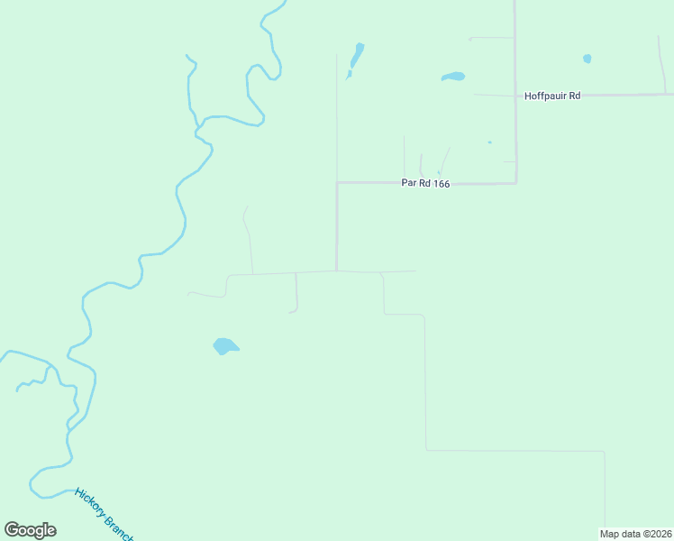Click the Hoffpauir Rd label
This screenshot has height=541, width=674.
[x=552, y=95]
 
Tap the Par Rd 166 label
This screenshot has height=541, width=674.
[x=425, y=183]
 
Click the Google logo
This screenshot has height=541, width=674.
[x=30, y=530]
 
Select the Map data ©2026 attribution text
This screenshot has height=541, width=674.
[x=636, y=534]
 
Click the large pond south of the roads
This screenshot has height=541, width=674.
[x=224, y=346]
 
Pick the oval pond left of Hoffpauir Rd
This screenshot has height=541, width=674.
[x=453, y=77]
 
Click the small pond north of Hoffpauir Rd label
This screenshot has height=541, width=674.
[x=587, y=59]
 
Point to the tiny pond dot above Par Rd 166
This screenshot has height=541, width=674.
[x=489, y=142]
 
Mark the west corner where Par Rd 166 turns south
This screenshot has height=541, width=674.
[x=337, y=183]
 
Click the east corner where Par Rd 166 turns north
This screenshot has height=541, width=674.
[x=515, y=183]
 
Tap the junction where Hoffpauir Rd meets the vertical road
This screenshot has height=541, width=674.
[x=515, y=94]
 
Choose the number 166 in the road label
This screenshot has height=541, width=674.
[x=439, y=183]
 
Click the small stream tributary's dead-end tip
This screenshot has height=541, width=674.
[x=17, y=390]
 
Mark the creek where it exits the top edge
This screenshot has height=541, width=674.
[x=286, y=2]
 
